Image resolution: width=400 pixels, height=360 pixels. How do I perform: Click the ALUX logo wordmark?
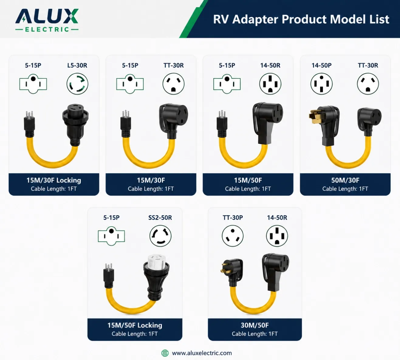click(47, 16)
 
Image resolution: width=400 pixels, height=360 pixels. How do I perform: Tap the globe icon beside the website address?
click(165, 353)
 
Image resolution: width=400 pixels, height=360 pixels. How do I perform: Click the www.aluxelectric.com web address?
click(202, 353)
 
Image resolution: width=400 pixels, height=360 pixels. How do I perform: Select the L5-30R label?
click(77, 65)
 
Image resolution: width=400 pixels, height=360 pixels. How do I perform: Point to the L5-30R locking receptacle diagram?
click(77, 84)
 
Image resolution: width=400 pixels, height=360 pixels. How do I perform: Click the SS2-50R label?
click(160, 218)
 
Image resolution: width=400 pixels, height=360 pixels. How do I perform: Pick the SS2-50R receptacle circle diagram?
click(160, 236)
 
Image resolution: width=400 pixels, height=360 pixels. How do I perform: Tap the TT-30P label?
click(233, 218)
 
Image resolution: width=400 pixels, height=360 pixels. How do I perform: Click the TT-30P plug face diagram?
click(233, 236)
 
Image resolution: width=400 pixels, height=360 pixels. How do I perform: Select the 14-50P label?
click(321, 65)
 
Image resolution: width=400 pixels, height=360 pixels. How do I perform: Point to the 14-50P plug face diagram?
click(321, 84)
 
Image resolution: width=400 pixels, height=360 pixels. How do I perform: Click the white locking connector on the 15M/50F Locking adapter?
click(156, 262)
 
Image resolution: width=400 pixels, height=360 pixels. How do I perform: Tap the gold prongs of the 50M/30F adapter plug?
click(314, 116)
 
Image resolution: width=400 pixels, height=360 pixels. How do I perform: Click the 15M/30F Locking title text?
click(54, 180)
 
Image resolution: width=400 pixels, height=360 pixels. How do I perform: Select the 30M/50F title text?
click(255, 325)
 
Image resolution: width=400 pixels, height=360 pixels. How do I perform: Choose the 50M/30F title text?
click(345, 180)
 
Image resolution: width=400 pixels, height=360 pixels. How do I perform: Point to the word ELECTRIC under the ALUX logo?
click(47, 29)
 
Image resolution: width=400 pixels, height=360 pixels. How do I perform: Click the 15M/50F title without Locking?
click(248, 180)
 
